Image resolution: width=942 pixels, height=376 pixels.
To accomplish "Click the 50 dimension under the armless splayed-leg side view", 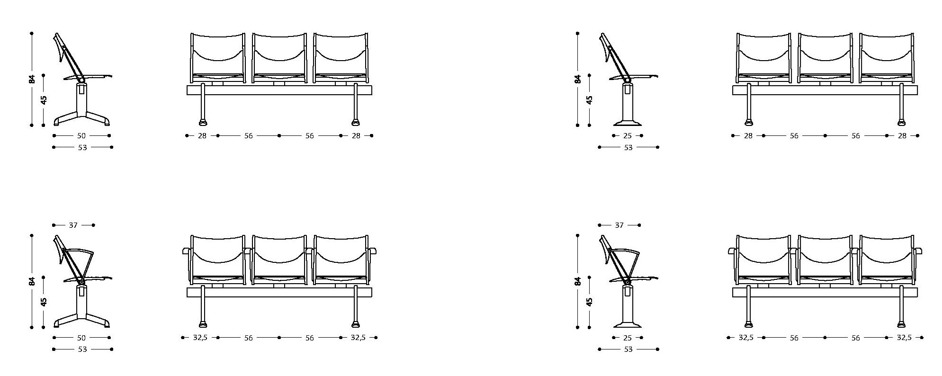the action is pyautogui.click(x=81, y=135).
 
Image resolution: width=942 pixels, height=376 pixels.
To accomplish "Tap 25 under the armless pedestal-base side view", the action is pyautogui.click(x=628, y=136).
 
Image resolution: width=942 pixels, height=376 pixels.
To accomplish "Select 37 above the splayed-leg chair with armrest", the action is pyautogui.click(x=73, y=225).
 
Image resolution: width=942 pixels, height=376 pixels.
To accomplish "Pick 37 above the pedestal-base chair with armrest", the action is pyautogui.click(x=619, y=225).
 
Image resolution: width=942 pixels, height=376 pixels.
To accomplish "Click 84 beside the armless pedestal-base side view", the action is pyautogui.click(x=577, y=79).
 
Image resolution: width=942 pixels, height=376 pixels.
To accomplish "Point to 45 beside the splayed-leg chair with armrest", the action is pyautogui.click(x=44, y=302).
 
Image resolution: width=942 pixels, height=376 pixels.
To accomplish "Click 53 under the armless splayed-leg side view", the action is pyautogui.click(x=82, y=147).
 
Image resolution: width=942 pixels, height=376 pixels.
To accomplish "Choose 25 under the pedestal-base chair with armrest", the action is pyautogui.click(x=628, y=338).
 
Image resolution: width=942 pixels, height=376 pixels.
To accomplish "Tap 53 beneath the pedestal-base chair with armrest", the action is pyautogui.click(x=628, y=349).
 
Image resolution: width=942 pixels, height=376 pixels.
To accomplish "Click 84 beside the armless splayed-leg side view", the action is pyautogui.click(x=32, y=79).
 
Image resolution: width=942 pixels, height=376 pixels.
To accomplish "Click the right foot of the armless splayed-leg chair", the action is pyautogui.click(x=106, y=122).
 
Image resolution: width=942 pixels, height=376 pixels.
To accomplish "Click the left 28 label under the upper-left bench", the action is pyautogui.click(x=202, y=135).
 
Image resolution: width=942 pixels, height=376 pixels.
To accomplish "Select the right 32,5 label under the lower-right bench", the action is pyautogui.click(x=904, y=338).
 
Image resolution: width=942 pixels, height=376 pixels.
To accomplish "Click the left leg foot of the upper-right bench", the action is pyautogui.click(x=749, y=122).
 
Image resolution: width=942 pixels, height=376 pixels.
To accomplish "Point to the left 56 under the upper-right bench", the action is pyautogui.click(x=794, y=136).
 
